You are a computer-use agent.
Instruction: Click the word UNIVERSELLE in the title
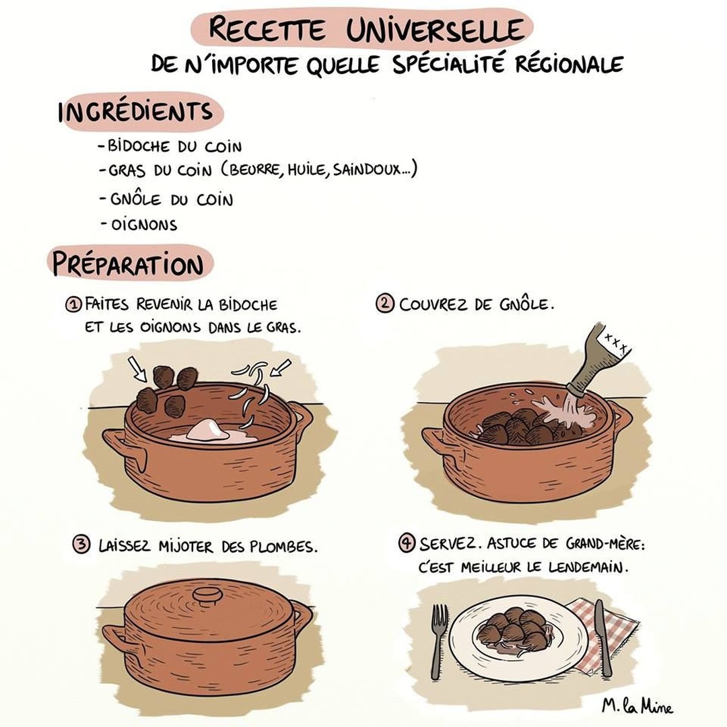[x=435, y=30]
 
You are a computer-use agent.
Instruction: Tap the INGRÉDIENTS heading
[x=135, y=112]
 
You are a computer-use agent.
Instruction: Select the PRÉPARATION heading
[x=128, y=264]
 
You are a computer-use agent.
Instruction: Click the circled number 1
[x=73, y=305]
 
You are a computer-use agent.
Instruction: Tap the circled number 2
[x=385, y=304]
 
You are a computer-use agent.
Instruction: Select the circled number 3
[x=81, y=545]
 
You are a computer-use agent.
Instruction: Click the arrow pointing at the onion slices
[x=281, y=367]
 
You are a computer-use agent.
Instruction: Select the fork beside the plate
[x=438, y=640]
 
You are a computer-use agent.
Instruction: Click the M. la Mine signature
[x=637, y=705]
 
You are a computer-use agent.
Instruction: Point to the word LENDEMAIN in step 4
[x=588, y=567]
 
